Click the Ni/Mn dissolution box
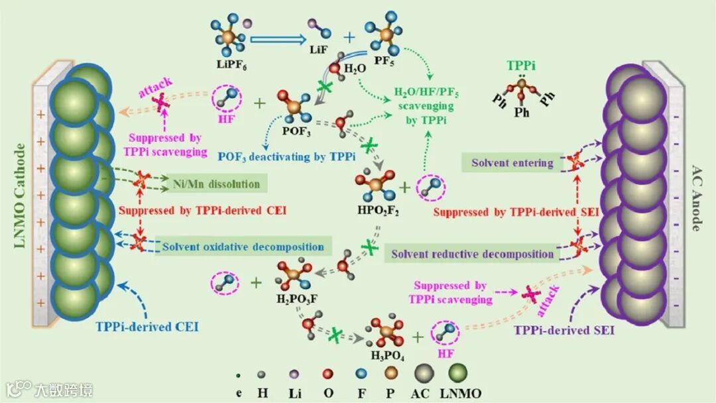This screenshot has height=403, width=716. click(225, 183)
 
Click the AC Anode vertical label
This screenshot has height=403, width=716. click(697, 198)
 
